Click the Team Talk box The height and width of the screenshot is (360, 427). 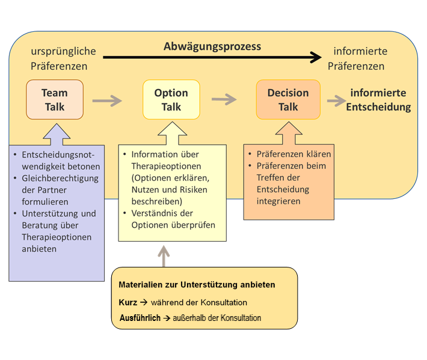point(55,100)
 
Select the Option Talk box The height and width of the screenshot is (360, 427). point(171,100)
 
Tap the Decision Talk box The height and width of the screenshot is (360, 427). point(288,100)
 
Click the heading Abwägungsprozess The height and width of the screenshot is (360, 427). point(212,46)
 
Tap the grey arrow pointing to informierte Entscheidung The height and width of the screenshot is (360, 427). point(336,100)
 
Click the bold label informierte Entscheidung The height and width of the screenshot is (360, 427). point(378,100)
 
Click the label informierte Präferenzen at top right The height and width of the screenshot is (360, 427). point(360,58)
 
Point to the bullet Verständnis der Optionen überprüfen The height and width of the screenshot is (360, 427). point(173,218)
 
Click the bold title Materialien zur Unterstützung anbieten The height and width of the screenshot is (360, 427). point(197,284)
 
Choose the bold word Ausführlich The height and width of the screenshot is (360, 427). point(140,317)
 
